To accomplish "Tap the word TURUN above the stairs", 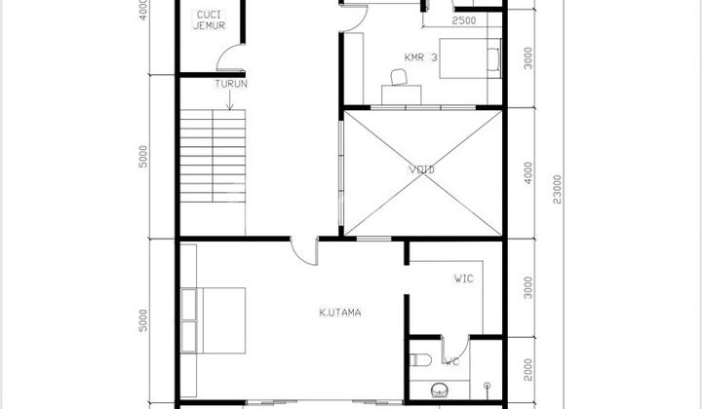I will coord(232,85).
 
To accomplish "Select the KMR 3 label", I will coord(421,56).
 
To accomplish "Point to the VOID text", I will coord(421,169).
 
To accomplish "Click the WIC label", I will coord(464,279).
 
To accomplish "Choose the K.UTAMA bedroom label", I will coord(341,313).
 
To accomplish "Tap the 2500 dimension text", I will coord(464,20).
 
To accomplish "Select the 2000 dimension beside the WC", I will coord(527,371).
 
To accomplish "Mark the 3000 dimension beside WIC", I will coord(527,289).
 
